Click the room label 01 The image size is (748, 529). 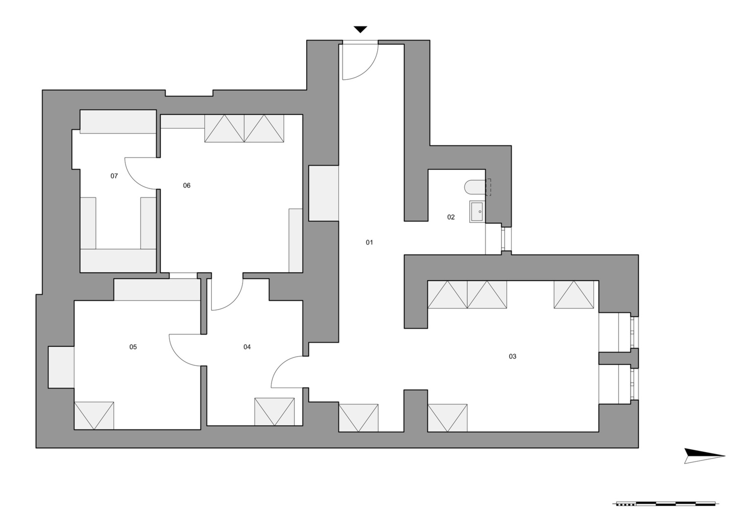(x=369, y=242)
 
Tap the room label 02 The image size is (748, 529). (x=451, y=217)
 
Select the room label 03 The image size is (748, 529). (x=512, y=357)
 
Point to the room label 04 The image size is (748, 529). (x=247, y=347)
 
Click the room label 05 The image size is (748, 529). (x=133, y=347)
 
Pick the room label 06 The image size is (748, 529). (x=186, y=185)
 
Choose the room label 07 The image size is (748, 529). (x=114, y=176)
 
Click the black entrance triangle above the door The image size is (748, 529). (x=361, y=29)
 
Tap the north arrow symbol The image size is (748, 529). (x=704, y=456)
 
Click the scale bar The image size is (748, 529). (x=666, y=513)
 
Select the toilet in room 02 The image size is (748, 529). (x=475, y=187)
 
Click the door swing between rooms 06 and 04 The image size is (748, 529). (x=234, y=301)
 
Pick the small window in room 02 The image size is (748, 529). (x=506, y=239)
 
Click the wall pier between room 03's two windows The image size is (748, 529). (x=619, y=358)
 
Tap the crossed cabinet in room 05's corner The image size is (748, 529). (x=94, y=415)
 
